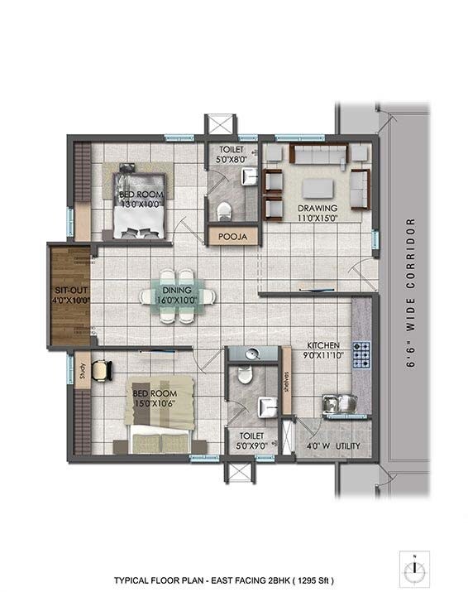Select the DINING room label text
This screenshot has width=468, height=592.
177,290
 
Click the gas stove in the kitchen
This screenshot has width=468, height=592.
361,354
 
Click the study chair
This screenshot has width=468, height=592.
102,370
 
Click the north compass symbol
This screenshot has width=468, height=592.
411,570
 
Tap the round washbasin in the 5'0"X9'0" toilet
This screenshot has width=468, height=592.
252,354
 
